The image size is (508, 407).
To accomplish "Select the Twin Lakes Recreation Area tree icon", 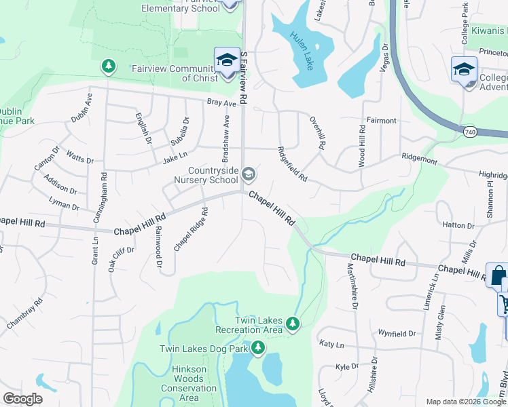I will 293,324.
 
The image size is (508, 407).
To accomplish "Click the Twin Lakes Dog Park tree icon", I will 257,349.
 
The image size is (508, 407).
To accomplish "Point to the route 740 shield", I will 470,129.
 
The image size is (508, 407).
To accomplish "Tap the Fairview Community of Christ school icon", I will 227,60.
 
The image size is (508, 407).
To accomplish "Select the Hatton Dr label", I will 457,225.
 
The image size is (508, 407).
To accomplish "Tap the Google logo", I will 23,399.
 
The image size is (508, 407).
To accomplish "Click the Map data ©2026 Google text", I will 465,402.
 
